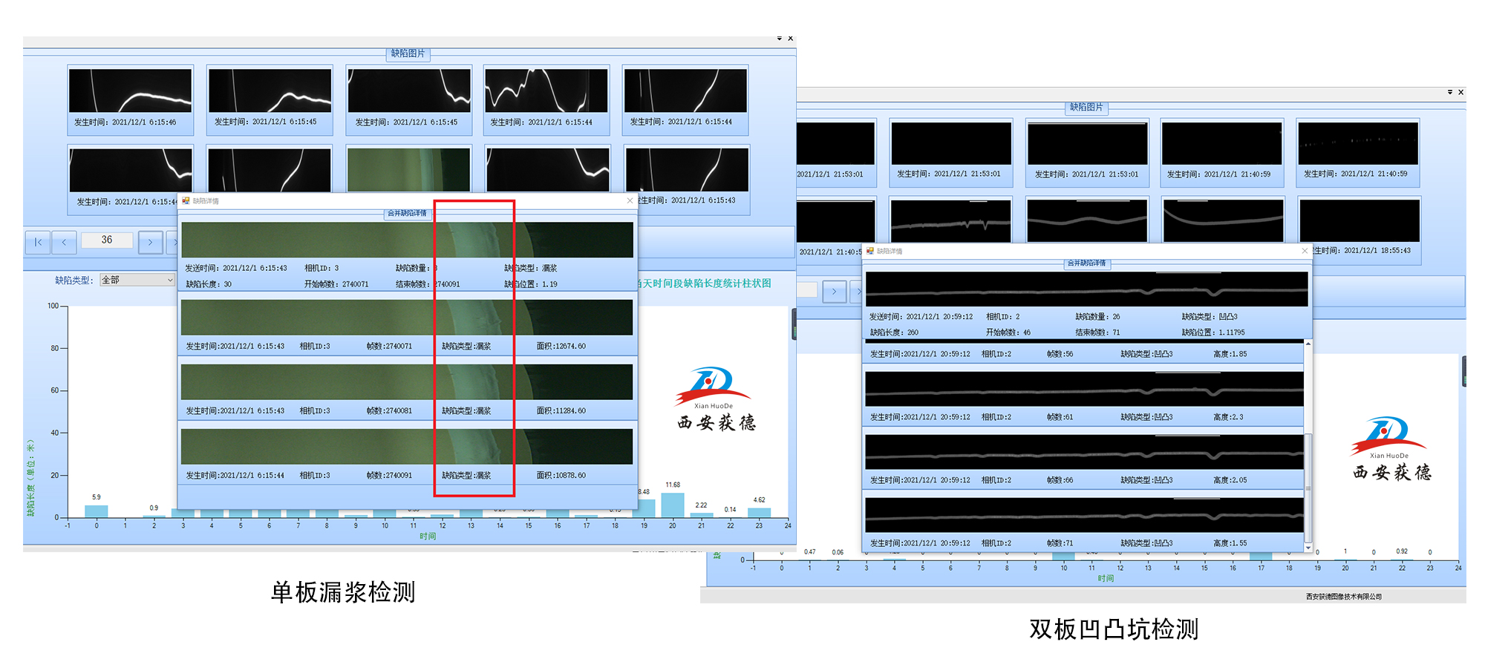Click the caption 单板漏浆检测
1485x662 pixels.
click(x=342, y=592)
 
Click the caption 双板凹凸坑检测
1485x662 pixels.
click(x=1113, y=629)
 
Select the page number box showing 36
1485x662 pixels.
click(x=107, y=240)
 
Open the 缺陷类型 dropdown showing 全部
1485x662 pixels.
click(x=137, y=280)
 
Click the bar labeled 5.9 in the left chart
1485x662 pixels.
click(x=97, y=511)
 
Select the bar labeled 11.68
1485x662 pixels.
click(x=672, y=505)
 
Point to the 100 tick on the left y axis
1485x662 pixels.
click(x=53, y=306)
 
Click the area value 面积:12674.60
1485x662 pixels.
click(x=561, y=346)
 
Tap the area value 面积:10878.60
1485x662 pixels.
click(x=561, y=475)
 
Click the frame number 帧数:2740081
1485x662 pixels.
click(x=389, y=410)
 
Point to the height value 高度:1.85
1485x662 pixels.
click(x=1230, y=354)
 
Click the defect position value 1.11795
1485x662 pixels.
click(x=1232, y=332)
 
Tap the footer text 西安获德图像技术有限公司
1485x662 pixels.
click(x=1344, y=597)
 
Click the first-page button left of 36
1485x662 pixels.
click(x=38, y=242)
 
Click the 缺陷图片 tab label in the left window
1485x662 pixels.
click(x=408, y=53)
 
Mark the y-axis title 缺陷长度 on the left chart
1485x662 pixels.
click(x=30, y=478)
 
